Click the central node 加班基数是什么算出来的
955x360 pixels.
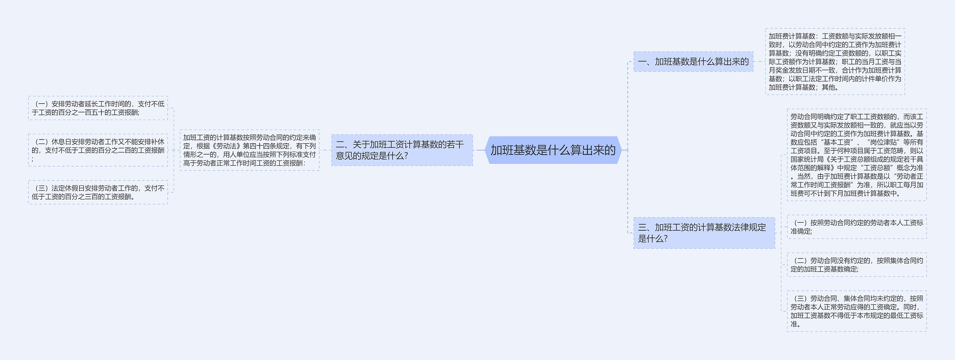pyautogui.click(x=553, y=150)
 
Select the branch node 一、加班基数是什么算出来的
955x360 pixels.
pyautogui.click(x=693, y=62)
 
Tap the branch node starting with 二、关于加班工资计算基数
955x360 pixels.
pyautogui.click(x=402, y=150)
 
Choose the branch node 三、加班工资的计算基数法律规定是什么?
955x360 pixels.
pyautogui.click(x=704, y=233)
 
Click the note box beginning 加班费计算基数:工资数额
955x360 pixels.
pyautogui.click(x=835, y=62)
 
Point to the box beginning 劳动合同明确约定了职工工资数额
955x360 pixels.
pyautogui.click(x=857, y=155)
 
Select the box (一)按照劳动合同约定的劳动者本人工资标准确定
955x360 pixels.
pyautogui.click(x=857, y=227)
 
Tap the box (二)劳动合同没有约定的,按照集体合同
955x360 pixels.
pyautogui.click(x=857, y=264)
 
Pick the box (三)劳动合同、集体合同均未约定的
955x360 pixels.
pyautogui.click(x=857, y=311)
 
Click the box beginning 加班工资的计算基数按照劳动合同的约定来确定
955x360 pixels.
pyautogui.click(x=249, y=150)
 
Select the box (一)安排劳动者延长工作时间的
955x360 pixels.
pyautogui.click(x=98, y=108)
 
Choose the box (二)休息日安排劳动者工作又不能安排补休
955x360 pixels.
pyautogui.click(x=98, y=150)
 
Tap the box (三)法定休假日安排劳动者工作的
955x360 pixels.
pyautogui.click(x=98, y=192)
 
